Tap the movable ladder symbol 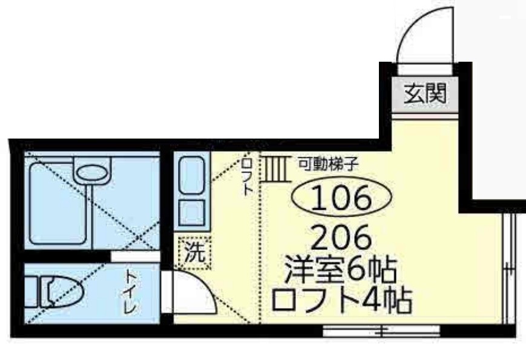tap(275, 168)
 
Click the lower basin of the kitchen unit tap(193, 212)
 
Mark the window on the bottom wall tap(381, 330)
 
